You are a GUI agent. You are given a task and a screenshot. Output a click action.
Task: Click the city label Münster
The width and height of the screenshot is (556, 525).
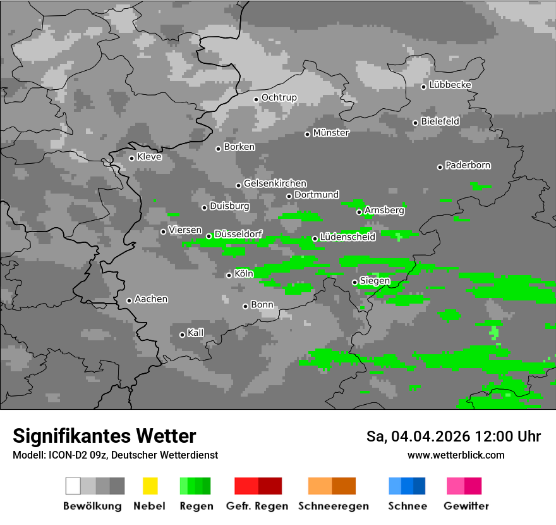point(331,133)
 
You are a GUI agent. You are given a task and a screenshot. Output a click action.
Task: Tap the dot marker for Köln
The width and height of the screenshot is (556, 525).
point(229,275)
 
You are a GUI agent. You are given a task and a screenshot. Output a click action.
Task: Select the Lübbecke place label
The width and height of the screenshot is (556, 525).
point(450,85)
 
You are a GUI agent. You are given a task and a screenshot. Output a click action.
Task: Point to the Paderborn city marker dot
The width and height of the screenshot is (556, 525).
point(440,167)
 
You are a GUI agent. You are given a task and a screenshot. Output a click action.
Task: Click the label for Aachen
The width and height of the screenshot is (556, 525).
point(151,299)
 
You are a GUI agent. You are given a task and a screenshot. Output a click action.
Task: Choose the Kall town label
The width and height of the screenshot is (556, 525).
point(196,333)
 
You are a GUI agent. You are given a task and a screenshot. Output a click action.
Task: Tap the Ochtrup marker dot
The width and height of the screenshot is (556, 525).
point(256,99)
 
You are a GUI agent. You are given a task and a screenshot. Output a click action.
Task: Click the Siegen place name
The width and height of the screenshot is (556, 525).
point(375,281)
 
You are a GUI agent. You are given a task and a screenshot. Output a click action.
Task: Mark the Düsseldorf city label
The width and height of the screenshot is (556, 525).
point(238,234)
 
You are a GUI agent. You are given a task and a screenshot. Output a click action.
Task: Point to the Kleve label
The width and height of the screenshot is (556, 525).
point(149,157)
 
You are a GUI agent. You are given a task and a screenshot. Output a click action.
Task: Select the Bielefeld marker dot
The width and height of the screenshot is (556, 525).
point(415,123)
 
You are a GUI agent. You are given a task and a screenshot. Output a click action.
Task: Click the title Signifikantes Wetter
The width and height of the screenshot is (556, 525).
point(104,436)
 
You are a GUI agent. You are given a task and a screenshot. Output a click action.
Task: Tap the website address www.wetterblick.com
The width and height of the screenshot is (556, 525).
point(456,455)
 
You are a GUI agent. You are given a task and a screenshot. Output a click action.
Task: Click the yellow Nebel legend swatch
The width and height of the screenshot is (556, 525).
point(150,486)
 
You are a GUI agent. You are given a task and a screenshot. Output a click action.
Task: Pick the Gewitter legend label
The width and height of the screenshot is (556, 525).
point(466,506)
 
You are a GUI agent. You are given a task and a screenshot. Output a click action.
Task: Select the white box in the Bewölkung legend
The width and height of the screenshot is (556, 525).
point(73,486)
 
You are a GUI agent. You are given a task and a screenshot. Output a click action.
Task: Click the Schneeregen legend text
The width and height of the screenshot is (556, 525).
point(334,506)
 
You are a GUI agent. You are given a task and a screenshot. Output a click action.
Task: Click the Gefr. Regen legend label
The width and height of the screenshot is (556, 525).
point(257,506)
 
